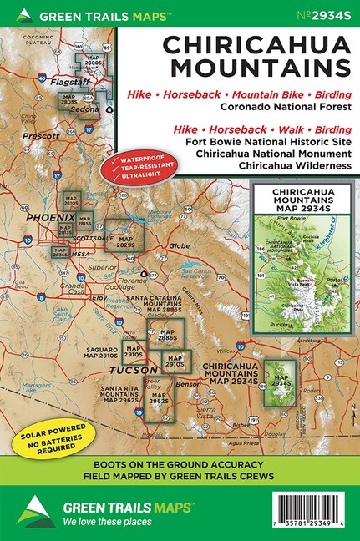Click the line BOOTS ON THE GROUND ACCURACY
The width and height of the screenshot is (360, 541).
tap(180, 464)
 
